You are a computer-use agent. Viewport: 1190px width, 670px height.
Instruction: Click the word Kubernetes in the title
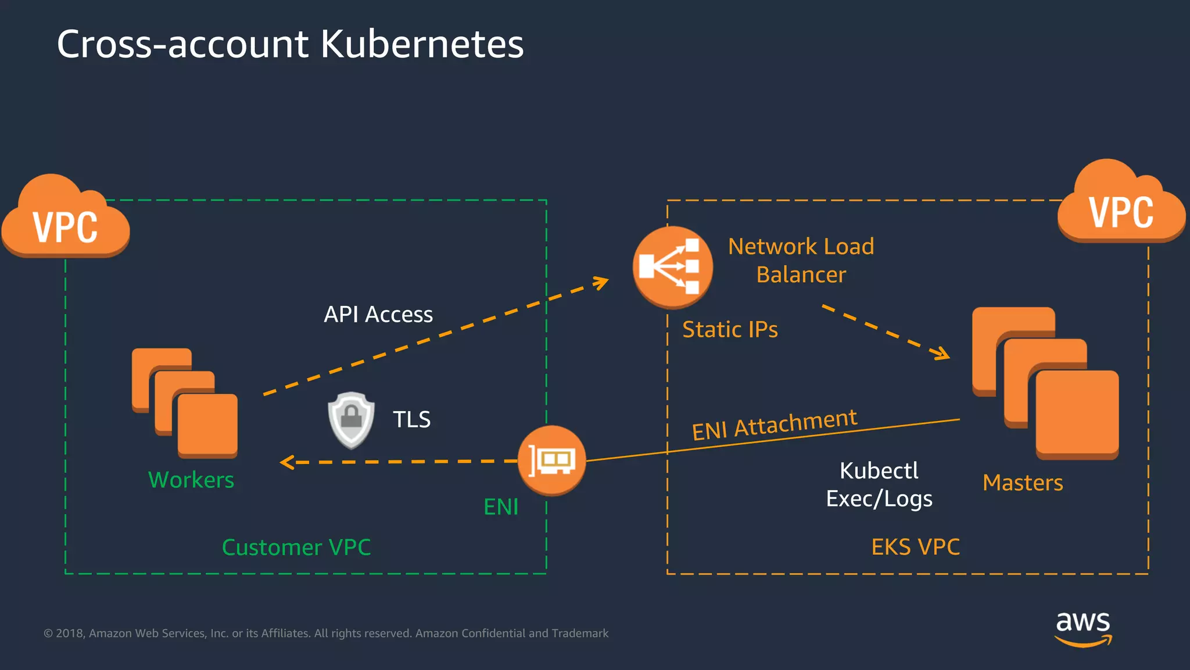click(422, 44)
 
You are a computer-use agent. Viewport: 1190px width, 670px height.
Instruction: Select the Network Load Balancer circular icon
click(672, 267)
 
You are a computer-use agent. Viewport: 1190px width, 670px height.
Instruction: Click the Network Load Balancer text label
click(801, 260)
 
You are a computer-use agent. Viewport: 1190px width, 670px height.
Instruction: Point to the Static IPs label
click(730, 330)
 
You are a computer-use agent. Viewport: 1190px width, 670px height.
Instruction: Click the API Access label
click(378, 315)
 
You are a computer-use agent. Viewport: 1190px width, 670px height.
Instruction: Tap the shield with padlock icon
click(351, 420)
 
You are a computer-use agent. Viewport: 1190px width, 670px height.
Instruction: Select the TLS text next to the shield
click(411, 419)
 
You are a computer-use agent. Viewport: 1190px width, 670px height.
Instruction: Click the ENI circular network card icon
click(551, 461)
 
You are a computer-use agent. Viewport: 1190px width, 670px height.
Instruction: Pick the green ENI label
click(501, 507)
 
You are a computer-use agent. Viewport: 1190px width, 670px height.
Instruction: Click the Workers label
click(191, 480)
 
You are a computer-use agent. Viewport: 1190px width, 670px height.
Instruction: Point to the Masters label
click(1023, 483)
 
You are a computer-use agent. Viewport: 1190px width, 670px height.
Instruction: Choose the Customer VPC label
click(296, 547)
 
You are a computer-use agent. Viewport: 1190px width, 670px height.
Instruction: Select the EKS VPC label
click(915, 547)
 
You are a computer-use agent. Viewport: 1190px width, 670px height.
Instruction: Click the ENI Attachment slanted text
click(775, 424)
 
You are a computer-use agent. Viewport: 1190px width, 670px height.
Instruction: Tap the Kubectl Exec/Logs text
click(879, 484)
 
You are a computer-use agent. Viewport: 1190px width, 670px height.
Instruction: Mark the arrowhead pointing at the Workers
click(286, 462)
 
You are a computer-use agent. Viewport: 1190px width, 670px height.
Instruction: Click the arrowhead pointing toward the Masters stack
click(941, 353)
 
